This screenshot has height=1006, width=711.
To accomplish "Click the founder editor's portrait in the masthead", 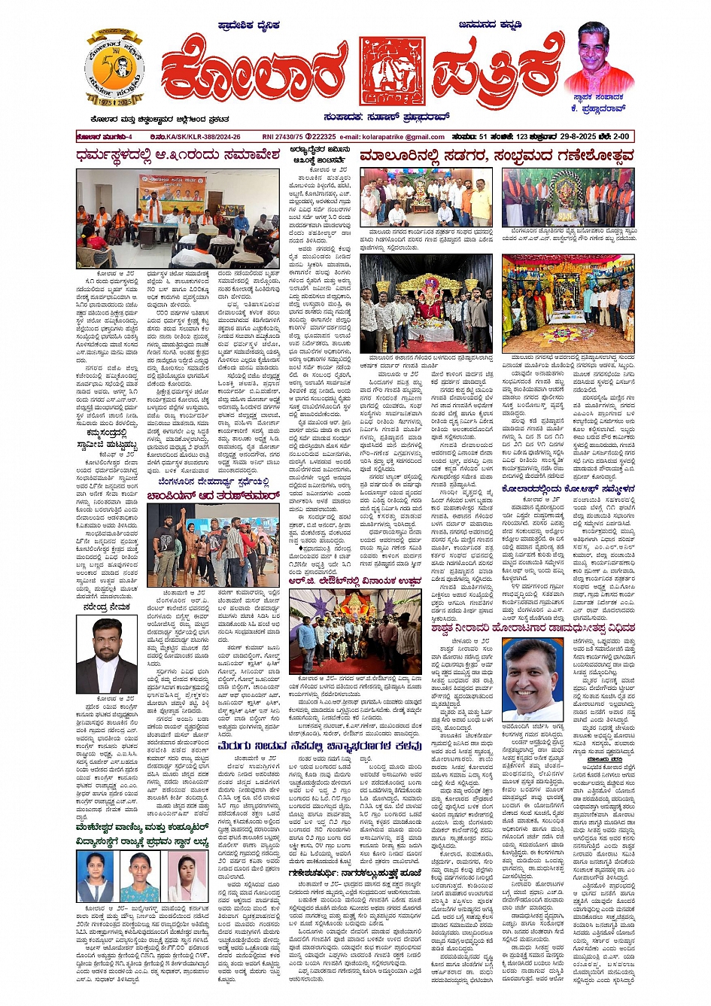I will tap(598, 59).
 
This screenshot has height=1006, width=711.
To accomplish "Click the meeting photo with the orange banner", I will tap(178, 218).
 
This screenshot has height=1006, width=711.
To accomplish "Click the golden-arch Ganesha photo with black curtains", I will tap(426, 303).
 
